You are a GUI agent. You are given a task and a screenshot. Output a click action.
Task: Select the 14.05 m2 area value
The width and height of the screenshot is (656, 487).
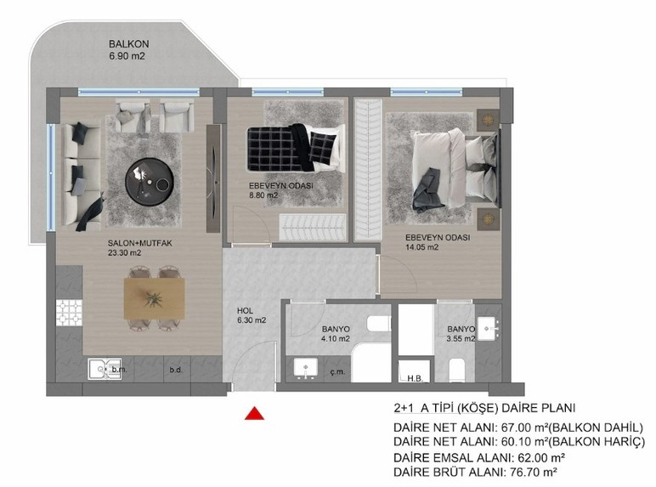(421, 247)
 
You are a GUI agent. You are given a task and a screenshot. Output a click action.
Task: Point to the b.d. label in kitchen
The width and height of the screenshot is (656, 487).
(177, 370)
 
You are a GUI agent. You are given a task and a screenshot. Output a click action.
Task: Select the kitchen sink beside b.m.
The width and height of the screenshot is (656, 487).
(101, 368)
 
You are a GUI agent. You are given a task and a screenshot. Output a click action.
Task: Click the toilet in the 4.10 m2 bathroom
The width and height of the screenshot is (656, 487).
(375, 324)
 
